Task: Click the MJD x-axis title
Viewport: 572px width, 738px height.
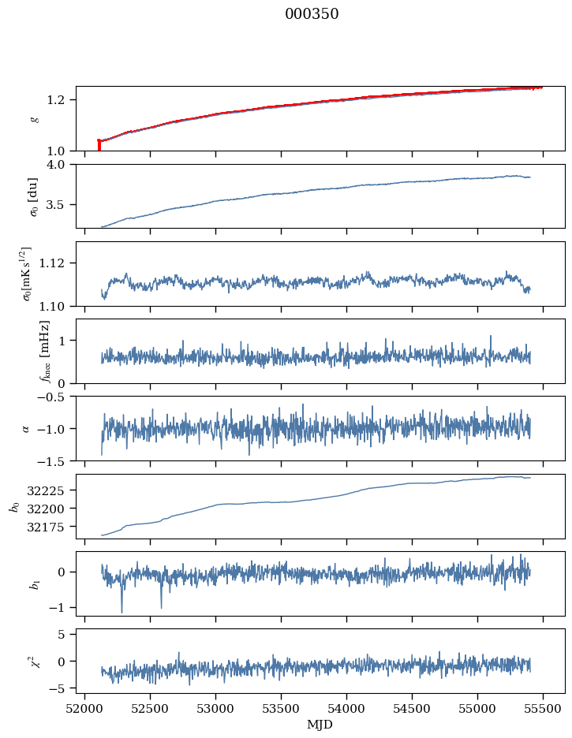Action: [x=320, y=725]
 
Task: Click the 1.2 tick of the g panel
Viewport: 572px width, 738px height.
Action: [x=62, y=99]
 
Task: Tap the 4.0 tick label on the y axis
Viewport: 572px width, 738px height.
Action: [x=62, y=164]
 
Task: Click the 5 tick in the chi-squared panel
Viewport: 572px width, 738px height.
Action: [x=68, y=634]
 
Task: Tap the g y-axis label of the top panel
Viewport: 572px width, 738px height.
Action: [x=33, y=118]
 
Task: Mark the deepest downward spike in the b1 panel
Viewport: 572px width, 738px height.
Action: [x=122, y=611]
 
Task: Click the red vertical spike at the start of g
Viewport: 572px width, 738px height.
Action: [x=99, y=145]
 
